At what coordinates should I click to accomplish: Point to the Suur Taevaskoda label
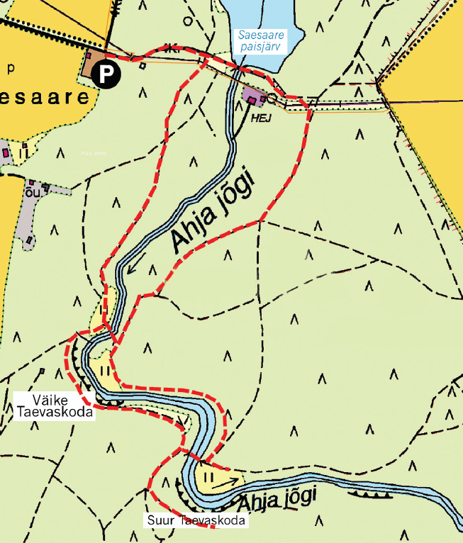point(197,521)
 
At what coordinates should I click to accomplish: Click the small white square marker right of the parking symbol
point(142,66)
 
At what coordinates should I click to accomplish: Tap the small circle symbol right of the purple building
point(273,95)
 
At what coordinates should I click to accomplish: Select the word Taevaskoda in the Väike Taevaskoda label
point(54,412)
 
